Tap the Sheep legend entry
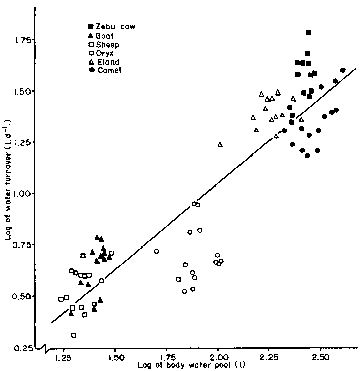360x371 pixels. pyautogui.click(x=104, y=44)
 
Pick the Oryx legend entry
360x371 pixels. pyautogui.click(x=102, y=53)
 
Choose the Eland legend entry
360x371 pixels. pyautogui.click(x=104, y=61)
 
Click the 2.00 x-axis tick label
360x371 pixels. pyautogui.click(x=218, y=358)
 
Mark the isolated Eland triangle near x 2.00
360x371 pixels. pyautogui.click(x=220, y=145)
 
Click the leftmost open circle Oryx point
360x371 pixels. pyautogui.click(x=156, y=251)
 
